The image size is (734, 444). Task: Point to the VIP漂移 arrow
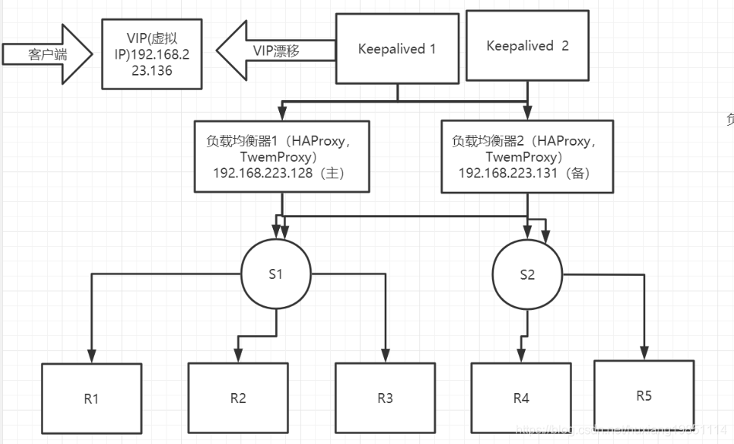click(x=275, y=50)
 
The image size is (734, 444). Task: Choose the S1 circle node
click(x=276, y=274)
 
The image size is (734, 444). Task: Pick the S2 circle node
click(x=527, y=274)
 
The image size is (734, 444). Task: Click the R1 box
click(x=92, y=399)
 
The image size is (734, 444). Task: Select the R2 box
click(x=237, y=398)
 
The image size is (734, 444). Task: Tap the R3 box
click(x=385, y=398)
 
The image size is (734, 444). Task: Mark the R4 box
click(x=521, y=398)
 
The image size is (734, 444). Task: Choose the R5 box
click(x=644, y=395)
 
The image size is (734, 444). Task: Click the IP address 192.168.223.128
click(x=266, y=174)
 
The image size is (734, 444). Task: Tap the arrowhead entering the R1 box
click(x=92, y=358)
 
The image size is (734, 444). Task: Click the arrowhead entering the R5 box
click(x=644, y=353)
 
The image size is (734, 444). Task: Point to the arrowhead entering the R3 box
click(x=385, y=357)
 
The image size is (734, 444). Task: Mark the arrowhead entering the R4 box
click(x=521, y=357)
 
